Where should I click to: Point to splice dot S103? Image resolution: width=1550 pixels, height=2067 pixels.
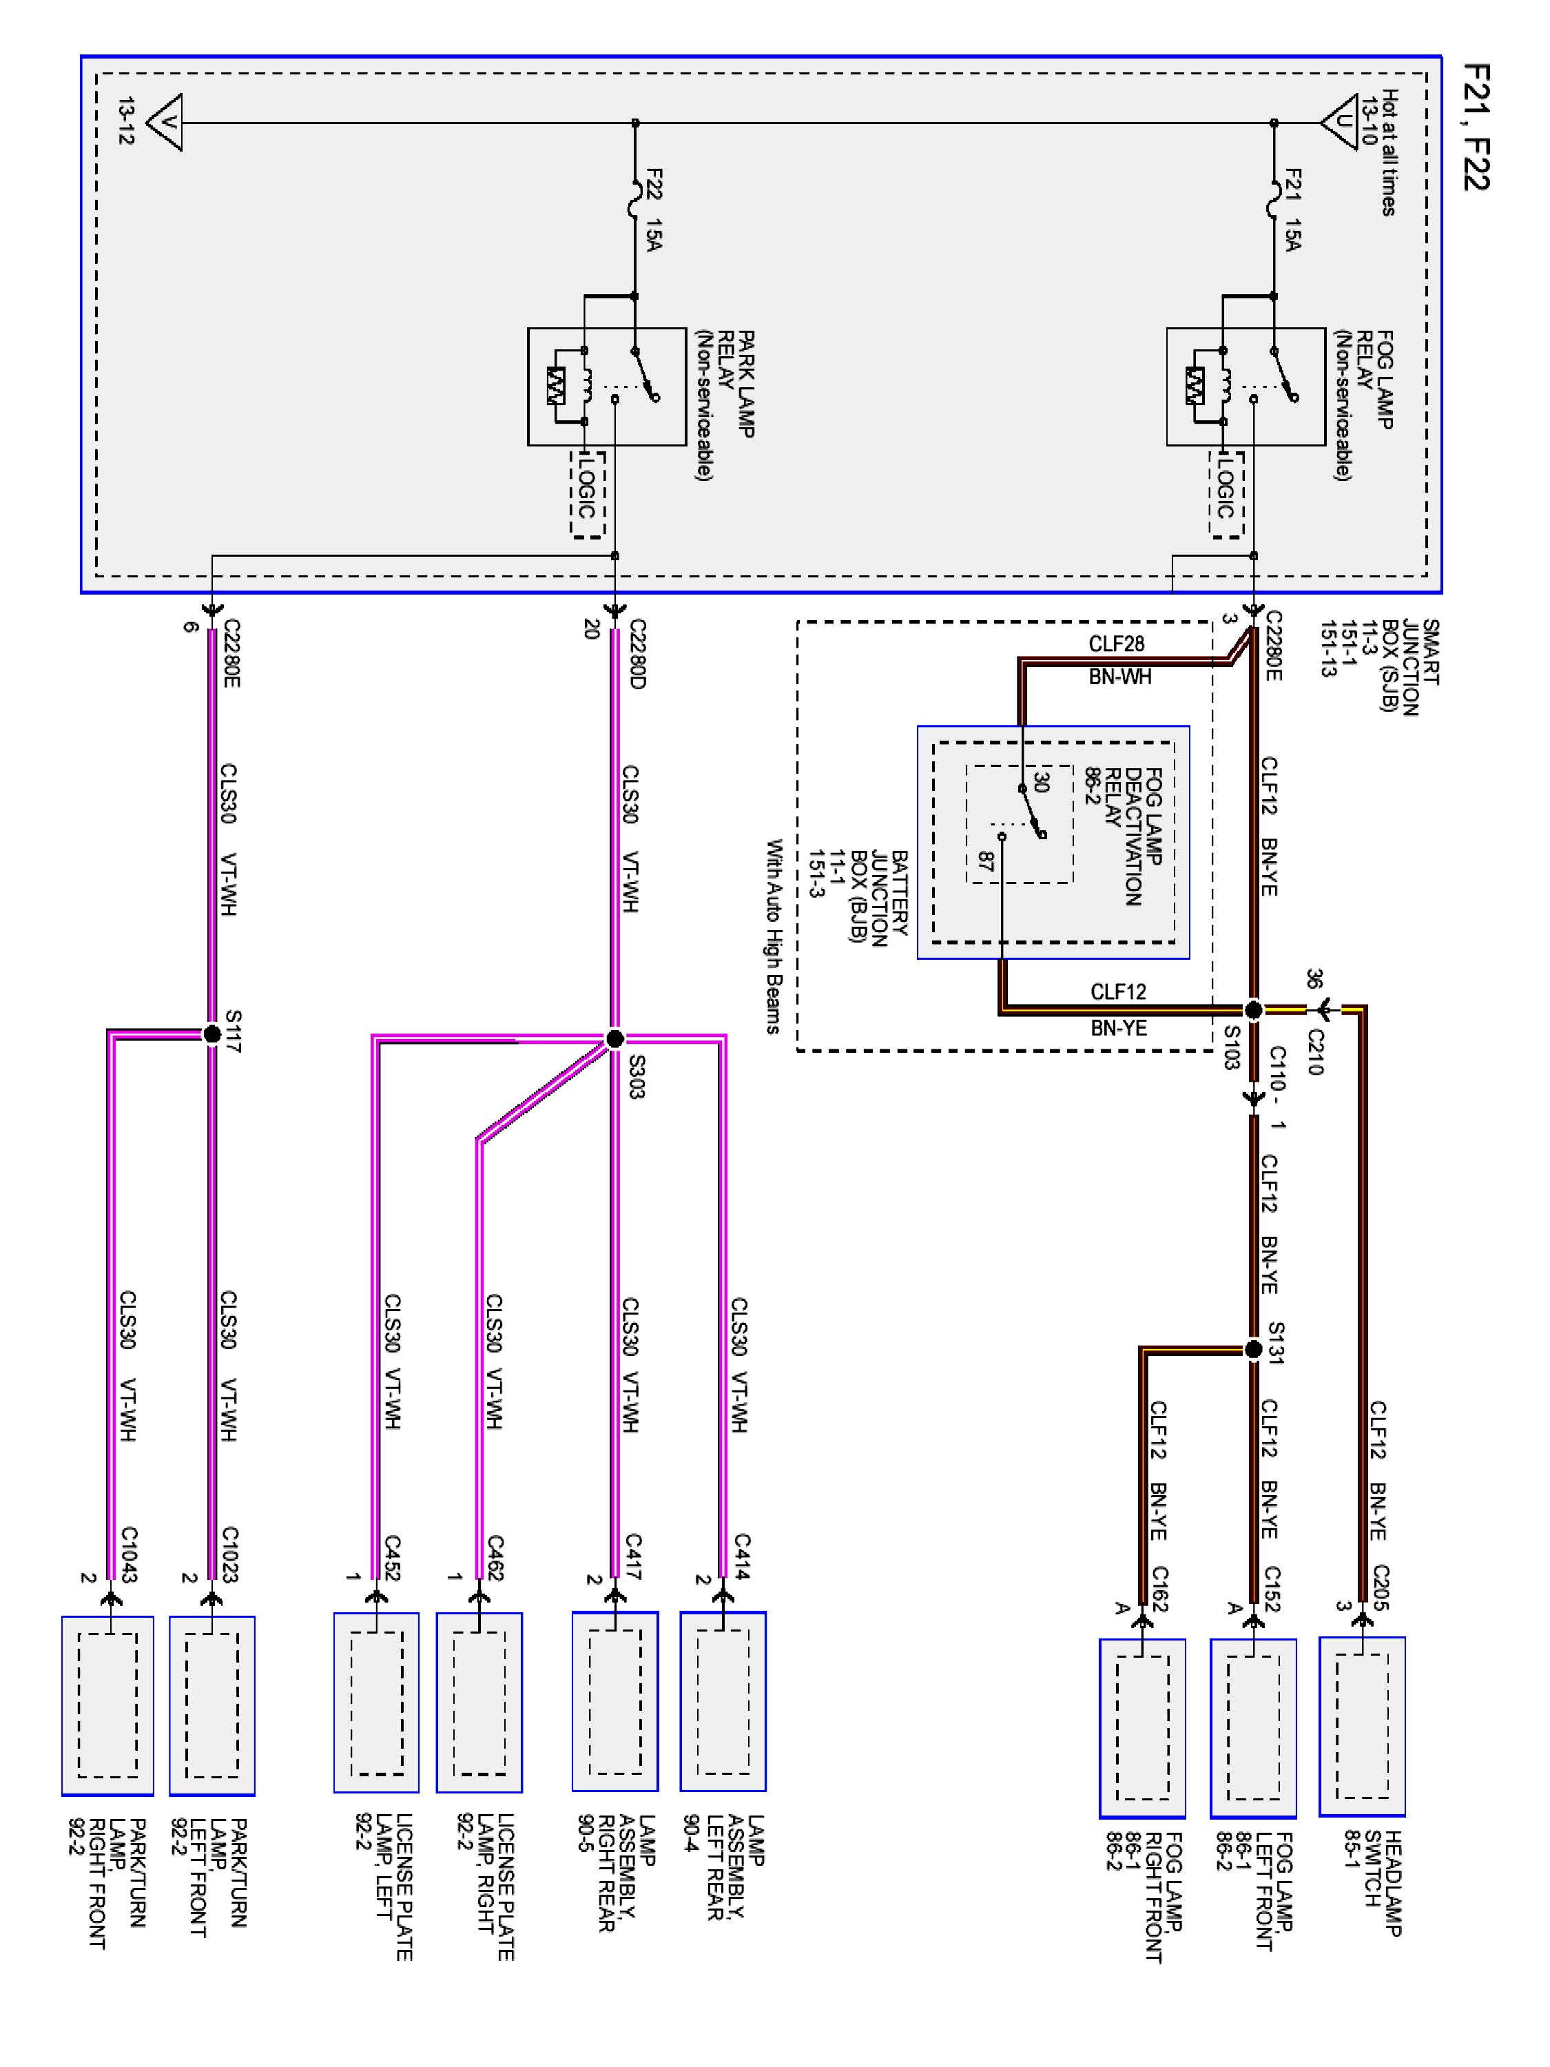click(x=1254, y=1009)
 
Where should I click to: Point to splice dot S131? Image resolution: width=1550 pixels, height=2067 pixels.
click(x=1254, y=1349)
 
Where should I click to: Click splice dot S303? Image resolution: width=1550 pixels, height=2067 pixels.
click(x=614, y=1038)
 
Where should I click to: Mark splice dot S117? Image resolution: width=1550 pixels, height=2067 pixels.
click(x=212, y=1033)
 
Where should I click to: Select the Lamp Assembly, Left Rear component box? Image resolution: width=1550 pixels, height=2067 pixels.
click(x=723, y=1702)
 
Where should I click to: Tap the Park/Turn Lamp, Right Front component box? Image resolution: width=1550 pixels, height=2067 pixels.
click(x=107, y=1705)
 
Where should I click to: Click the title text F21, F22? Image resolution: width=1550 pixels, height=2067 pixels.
click(x=1476, y=127)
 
